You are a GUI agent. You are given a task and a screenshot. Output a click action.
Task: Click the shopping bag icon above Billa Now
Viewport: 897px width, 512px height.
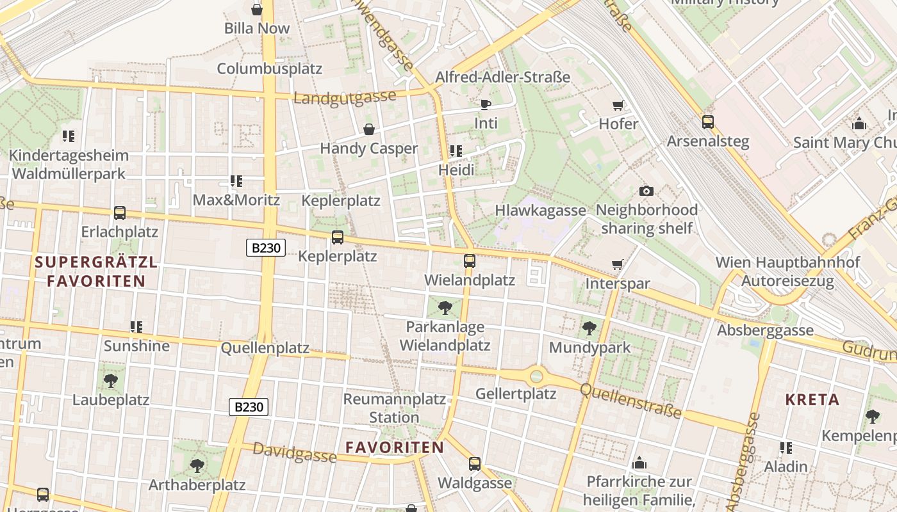257,10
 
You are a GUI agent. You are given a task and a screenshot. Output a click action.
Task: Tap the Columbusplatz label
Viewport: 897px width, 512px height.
269,68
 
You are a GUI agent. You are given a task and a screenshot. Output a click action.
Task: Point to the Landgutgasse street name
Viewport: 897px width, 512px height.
345,98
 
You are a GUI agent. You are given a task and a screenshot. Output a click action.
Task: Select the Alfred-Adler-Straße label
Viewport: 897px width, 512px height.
502,77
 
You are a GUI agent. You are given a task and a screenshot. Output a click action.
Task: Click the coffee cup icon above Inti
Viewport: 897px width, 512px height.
486,104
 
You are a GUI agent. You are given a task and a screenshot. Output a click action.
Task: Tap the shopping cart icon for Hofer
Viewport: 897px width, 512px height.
618,105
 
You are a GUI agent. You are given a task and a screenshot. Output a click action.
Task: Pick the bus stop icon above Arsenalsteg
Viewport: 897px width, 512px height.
708,122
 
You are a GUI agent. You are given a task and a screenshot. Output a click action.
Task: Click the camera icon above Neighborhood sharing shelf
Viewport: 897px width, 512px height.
646,191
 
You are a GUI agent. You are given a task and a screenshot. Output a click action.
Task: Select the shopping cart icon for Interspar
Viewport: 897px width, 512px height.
618,265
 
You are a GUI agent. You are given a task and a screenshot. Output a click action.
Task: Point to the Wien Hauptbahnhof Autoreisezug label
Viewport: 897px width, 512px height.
787,271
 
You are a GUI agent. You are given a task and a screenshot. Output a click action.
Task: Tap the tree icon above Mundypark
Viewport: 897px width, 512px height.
589,329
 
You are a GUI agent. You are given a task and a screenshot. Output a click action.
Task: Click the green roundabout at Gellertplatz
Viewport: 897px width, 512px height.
536,376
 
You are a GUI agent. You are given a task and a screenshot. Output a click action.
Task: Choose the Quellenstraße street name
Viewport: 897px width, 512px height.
630,401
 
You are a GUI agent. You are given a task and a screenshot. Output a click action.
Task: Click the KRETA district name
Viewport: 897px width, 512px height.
812,400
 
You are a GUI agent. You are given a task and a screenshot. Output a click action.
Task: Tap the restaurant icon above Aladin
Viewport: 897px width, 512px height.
786,448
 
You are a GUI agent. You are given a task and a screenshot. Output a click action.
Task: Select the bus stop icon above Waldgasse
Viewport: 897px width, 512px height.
475,464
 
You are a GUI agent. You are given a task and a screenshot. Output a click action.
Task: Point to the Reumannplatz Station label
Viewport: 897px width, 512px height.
394,408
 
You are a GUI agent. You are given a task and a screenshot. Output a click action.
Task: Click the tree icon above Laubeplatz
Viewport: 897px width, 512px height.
111,381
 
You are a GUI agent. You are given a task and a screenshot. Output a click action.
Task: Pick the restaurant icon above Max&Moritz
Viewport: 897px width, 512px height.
236,181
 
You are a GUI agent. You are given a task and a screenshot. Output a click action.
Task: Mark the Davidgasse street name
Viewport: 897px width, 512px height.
294,452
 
